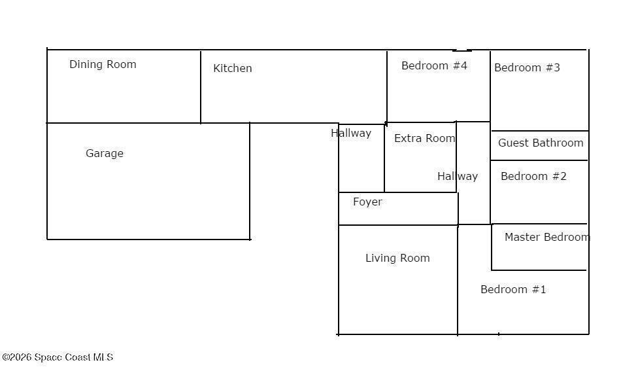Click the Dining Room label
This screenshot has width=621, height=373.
(x=103, y=64)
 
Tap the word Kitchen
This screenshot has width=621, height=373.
(x=233, y=68)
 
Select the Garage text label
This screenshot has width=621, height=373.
(x=105, y=153)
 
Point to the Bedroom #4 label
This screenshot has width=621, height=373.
(x=434, y=65)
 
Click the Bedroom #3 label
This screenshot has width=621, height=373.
(x=527, y=67)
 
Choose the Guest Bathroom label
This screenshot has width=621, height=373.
(x=541, y=143)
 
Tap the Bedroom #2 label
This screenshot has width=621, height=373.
(x=533, y=176)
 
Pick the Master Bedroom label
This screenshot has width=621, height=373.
(x=547, y=237)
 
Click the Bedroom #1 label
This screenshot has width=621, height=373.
(x=513, y=289)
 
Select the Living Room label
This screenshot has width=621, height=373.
(x=397, y=258)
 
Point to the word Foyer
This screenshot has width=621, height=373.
(x=367, y=202)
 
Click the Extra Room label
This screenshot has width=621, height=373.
(x=424, y=138)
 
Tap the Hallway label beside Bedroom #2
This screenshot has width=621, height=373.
(x=458, y=176)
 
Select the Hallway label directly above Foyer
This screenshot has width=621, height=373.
(x=351, y=133)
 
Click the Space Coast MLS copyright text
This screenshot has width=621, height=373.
(x=58, y=357)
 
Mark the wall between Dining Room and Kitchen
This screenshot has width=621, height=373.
(x=201, y=87)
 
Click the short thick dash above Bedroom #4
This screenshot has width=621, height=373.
(x=462, y=50)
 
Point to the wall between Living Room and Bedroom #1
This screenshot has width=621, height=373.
(x=458, y=280)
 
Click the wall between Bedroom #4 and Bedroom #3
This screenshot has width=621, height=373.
(x=490, y=86)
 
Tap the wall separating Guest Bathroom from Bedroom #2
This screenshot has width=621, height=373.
(x=539, y=160)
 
